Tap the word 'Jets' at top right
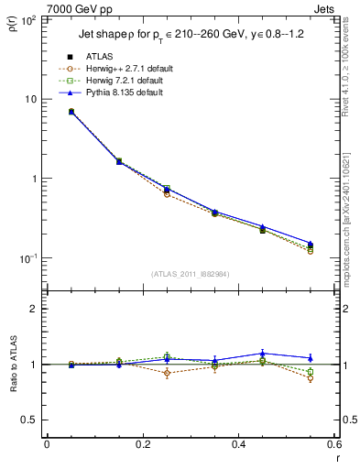tap(325, 8)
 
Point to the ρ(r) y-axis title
tap(13, 25)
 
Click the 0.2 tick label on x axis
tap(142, 446)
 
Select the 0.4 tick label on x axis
tap(238, 446)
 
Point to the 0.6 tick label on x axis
tap(333, 446)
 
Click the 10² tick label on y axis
tap(28, 19)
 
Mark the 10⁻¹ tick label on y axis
tap(28, 258)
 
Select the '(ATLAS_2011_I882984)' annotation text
tap(191, 274)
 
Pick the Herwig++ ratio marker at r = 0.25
tap(167, 373)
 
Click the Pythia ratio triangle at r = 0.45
tap(262, 353)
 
